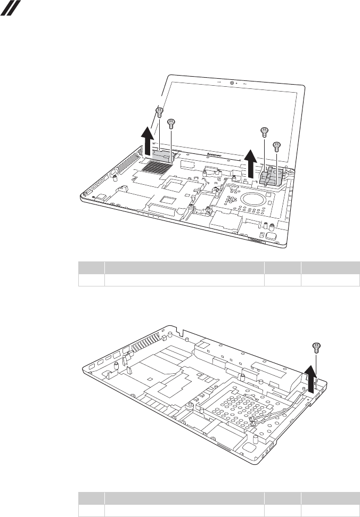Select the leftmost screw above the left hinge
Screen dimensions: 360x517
click(158, 111)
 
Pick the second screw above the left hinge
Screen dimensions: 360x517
click(171, 123)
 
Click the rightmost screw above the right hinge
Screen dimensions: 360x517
click(276, 145)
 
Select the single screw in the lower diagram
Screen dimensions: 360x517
click(316, 347)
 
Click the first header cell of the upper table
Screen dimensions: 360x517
click(91, 267)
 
